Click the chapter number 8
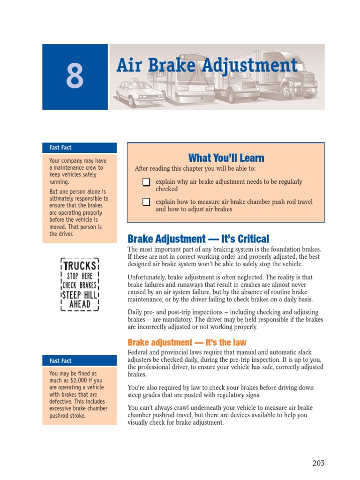coord(75,77)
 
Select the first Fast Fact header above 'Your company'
coord(60,148)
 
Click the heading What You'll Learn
coord(226,158)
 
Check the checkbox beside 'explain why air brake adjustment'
coord(146,182)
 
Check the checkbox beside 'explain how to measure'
coord(146,202)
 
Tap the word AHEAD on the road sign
coord(80,304)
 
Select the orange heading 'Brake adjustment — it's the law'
coord(187,343)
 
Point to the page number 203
coord(318,463)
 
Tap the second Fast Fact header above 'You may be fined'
coord(60,361)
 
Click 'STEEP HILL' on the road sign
coord(80,295)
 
